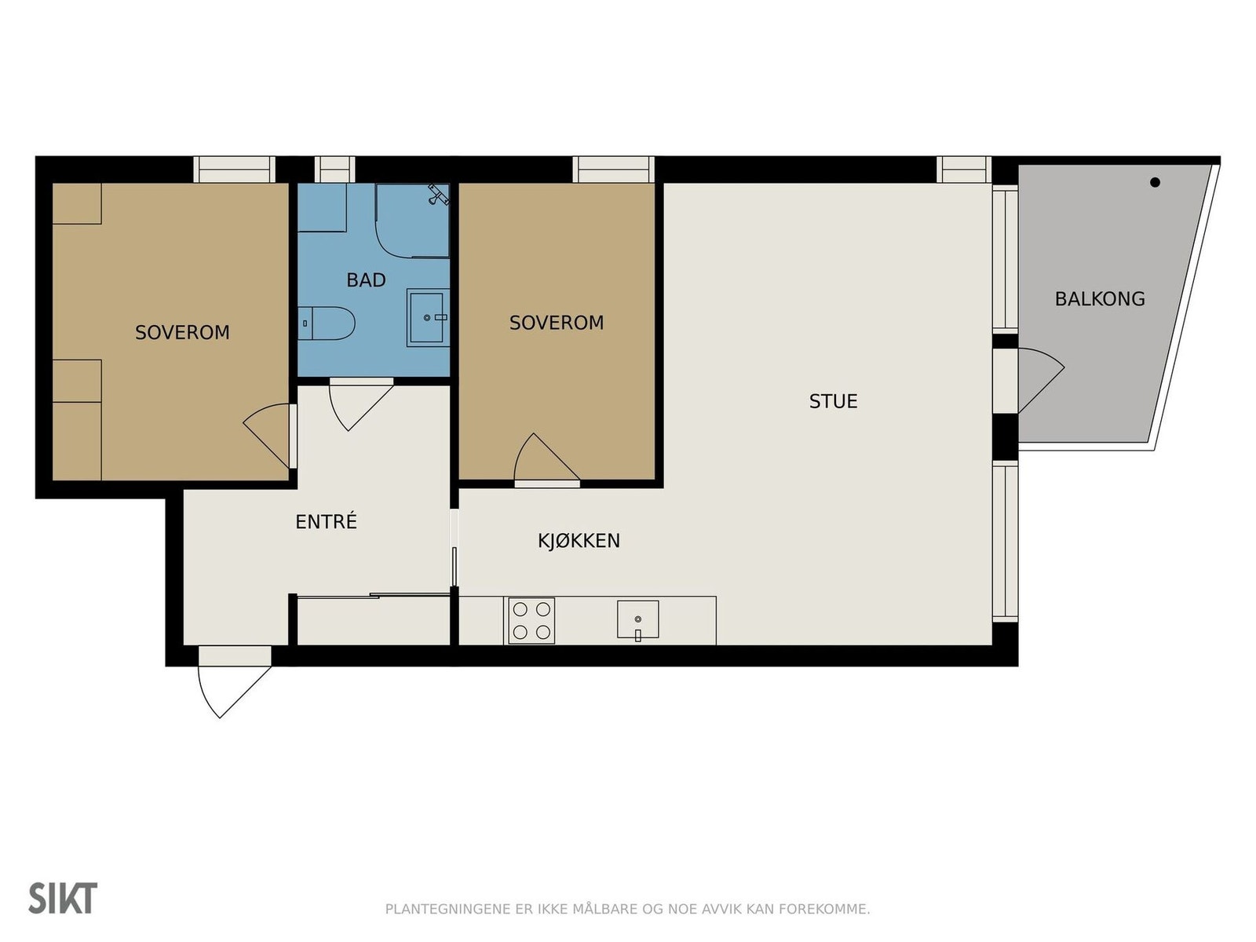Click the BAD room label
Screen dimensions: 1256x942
367,280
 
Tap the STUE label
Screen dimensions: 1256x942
833,401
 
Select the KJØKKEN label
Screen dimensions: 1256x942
579,541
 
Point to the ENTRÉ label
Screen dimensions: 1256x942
326,521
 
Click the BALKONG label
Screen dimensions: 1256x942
1100,299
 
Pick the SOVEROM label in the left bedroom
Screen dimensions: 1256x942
183,332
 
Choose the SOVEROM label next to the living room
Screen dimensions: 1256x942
557,323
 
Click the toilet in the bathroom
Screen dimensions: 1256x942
327,323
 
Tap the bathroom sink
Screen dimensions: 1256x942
428,317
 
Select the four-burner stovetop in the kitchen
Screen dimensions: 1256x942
531,621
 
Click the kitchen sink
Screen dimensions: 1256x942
637,619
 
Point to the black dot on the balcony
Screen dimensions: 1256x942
1155,182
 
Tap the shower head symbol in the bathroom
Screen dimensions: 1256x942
439,194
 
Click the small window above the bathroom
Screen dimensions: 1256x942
334,170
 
